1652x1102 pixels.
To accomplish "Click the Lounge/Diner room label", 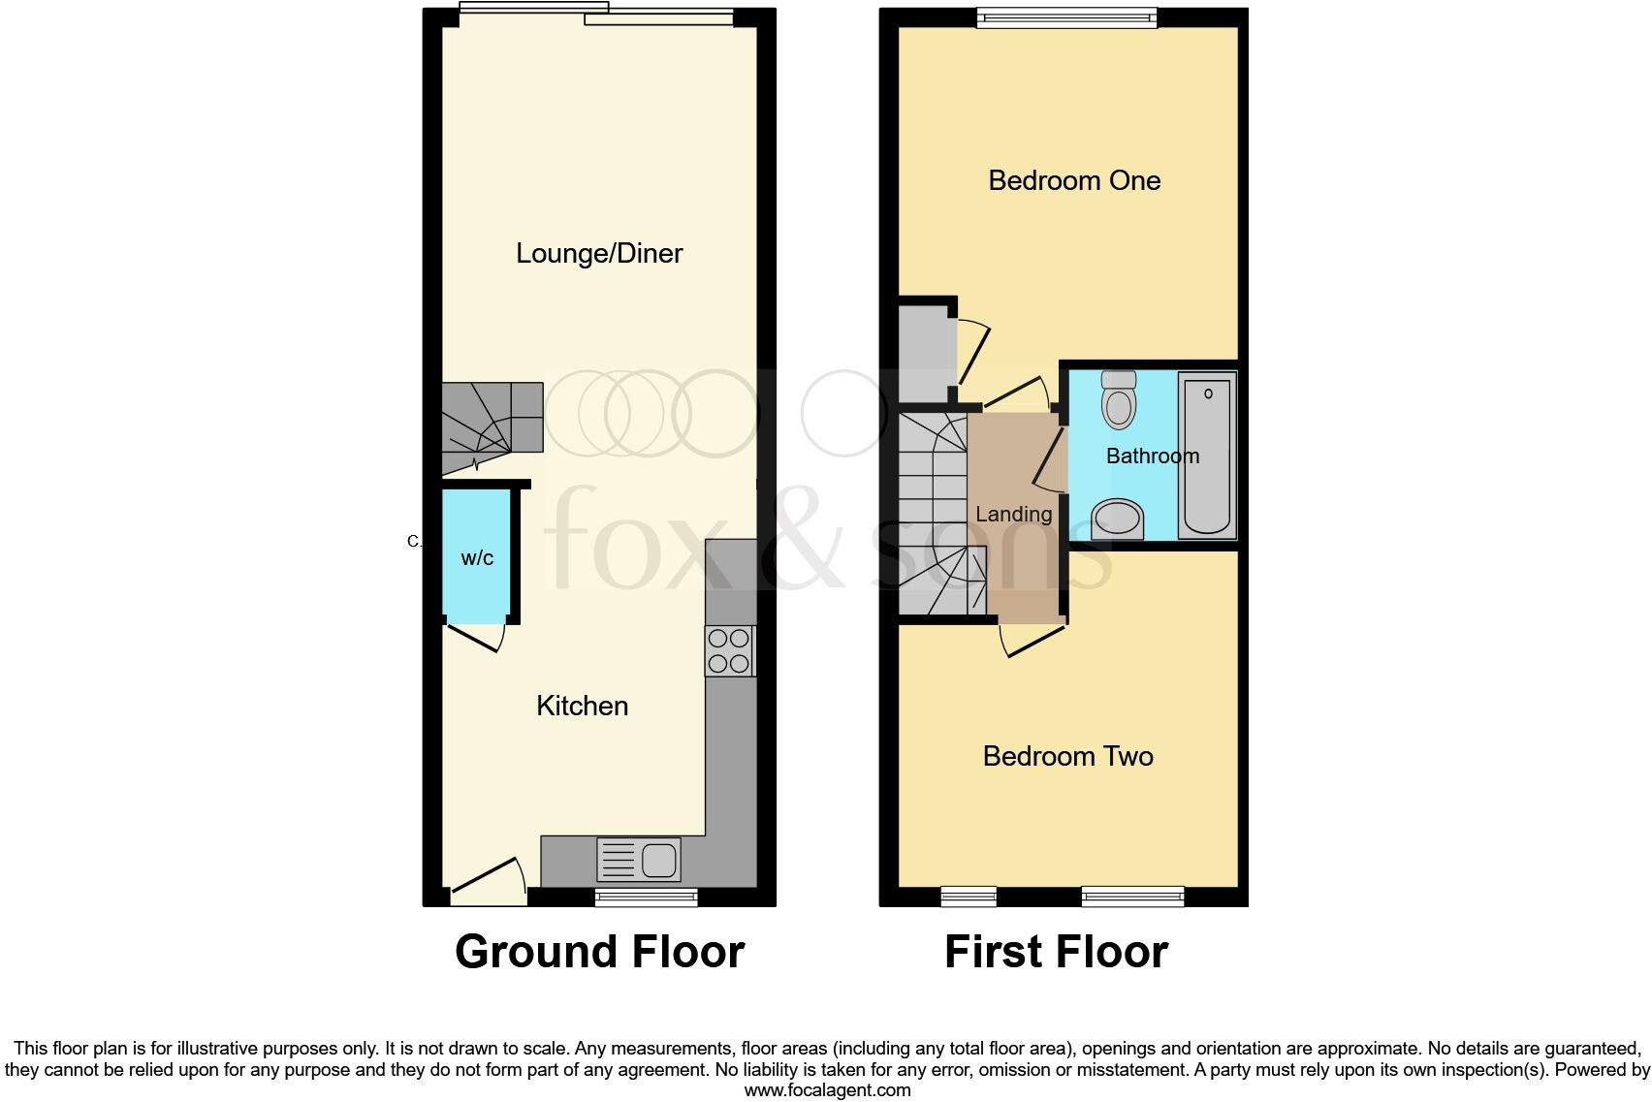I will [599, 254].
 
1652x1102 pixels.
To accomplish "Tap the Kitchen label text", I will [582, 706].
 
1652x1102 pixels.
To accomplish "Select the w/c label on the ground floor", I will [477, 558].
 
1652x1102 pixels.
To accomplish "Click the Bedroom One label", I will [1074, 180].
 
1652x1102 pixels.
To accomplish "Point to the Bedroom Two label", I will [1067, 757].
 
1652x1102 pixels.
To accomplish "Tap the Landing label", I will [1013, 515].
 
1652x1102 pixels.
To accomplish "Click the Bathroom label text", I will [1152, 456].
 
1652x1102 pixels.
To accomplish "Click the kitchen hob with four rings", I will [729, 651].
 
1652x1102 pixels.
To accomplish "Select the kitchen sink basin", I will [659, 860].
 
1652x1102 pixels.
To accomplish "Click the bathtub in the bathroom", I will [1207, 456].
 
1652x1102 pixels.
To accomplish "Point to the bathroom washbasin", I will [1117, 519].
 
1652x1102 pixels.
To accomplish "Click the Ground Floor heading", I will [599, 952].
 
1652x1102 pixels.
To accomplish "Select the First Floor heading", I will [1056, 952].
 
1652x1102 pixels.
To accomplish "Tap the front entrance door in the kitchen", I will [489, 879].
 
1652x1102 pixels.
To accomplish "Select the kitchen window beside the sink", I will [646, 897].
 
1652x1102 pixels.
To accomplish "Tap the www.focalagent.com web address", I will [827, 1090].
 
